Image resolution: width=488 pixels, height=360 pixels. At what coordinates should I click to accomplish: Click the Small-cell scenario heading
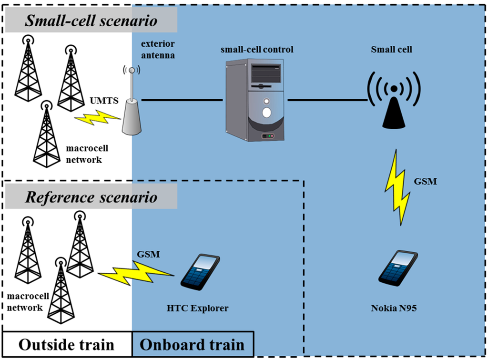(91, 21)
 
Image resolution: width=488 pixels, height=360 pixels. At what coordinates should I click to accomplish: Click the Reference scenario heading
(91, 197)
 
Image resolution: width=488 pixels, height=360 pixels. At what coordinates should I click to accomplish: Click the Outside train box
(67, 344)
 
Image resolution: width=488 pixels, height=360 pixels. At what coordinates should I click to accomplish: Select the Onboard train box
(193, 344)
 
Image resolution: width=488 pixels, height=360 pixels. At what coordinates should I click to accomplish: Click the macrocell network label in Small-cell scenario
(84, 155)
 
